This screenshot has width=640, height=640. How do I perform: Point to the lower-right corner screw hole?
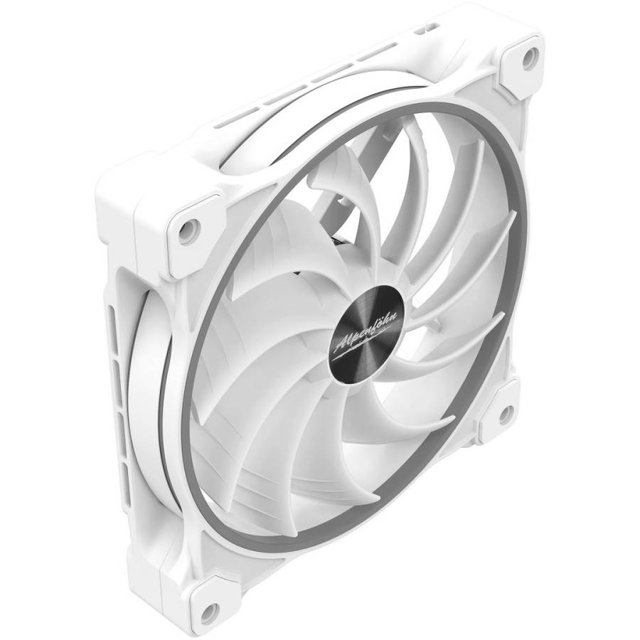tap(506, 414)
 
